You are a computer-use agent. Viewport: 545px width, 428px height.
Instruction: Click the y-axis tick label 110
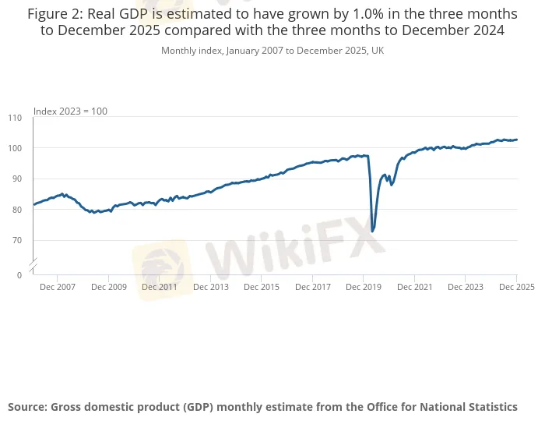point(15,118)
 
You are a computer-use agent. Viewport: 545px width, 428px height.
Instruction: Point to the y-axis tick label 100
point(15,148)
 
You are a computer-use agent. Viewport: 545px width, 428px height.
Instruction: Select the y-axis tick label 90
point(17,179)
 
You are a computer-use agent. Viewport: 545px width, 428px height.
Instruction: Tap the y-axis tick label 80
point(17,210)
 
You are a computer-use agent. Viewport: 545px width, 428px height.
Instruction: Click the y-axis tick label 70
point(17,240)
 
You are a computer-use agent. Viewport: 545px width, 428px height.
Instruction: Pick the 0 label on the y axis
point(19,275)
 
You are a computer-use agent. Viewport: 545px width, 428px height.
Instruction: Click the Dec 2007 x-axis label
point(58,287)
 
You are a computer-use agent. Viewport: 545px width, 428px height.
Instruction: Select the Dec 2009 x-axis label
point(108,287)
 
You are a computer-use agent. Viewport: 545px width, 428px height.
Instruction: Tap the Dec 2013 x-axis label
point(210,287)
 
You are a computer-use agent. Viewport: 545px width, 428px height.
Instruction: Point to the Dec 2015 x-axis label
point(261,287)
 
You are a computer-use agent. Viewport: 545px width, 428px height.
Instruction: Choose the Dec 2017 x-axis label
point(312,287)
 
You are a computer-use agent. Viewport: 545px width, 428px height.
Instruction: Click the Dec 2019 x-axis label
point(363,287)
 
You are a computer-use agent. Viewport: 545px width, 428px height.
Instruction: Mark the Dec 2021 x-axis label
point(414,287)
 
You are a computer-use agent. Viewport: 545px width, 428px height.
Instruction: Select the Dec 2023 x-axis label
point(465,287)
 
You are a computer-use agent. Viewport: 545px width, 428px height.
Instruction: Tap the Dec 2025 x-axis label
point(516,287)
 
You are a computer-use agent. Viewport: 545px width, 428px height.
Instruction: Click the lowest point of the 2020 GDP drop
point(372,232)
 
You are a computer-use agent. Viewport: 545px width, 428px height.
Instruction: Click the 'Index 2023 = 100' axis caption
point(70,111)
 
